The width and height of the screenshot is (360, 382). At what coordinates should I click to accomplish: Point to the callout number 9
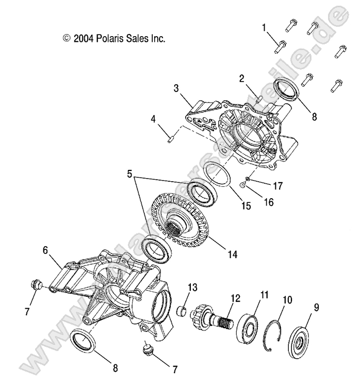coord(316,308)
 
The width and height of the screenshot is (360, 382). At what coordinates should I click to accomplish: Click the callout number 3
coord(176,88)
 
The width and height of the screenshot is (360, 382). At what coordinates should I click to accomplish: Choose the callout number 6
coord(45,250)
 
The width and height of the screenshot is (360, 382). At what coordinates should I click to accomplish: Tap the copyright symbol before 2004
coord(66,39)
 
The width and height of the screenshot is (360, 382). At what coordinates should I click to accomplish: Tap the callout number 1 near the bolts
coord(265,27)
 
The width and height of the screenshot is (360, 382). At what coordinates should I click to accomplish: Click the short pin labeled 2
coord(259,98)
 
